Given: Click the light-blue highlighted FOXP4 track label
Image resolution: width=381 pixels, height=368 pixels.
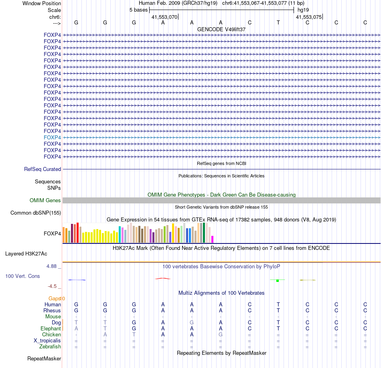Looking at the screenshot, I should pyautogui.click(x=52, y=137).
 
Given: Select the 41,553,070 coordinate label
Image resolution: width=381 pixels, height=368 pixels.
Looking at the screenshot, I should pyautogui.click(x=164, y=17).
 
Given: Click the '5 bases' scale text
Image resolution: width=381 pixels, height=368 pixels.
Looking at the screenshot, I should pyautogui.click(x=138, y=10).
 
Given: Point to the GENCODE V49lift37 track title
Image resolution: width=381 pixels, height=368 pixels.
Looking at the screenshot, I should pyautogui.click(x=221, y=29).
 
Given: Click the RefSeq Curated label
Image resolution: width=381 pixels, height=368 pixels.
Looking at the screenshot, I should pyautogui.click(x=43, y=169).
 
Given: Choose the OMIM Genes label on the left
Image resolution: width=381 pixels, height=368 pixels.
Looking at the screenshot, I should pyautogui.click(x=45, y=200).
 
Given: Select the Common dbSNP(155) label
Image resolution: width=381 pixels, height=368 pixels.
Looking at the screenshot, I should pyautogui.click(x=36, y=213).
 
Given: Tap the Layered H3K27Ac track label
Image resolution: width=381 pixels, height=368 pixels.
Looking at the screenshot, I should pyautogui.click(x=26, y=253).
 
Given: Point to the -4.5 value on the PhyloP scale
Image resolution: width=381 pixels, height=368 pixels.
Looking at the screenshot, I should pyautogui.click(x=52, y=286).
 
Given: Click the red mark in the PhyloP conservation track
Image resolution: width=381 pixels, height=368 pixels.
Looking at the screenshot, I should pyautogui.click(x=162, y=278).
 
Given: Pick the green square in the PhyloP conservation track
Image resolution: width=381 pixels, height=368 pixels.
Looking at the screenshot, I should pyautogui.click(x=278, y=280).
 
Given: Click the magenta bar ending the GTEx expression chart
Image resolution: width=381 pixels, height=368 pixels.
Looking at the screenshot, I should pyautogui.click(x=212, y=239).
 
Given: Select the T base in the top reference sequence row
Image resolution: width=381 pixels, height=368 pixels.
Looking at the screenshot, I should pyautogui.click(x=278, y=22).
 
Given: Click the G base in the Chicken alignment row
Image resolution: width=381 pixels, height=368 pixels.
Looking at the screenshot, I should pyautogui.click(x=221, y=334).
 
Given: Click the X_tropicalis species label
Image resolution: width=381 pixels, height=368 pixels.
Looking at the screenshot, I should pyautogui.click(x=47, y=340).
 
